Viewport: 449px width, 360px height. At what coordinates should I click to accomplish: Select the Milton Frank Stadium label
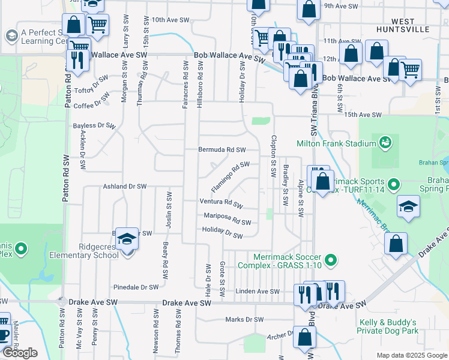[x=336, y=143]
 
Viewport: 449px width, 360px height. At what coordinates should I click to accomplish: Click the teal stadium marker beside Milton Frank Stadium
[x=384, y=143]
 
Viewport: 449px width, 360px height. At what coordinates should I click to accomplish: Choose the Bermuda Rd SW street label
[x=222, y=149]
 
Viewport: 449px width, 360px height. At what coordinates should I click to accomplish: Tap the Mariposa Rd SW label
[x=228, y=218]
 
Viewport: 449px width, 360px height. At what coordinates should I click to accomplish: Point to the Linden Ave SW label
[x=258, y=292]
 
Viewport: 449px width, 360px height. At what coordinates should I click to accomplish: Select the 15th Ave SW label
[x=363, y=115]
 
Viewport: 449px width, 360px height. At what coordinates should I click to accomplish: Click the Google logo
[x=20, y=353]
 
